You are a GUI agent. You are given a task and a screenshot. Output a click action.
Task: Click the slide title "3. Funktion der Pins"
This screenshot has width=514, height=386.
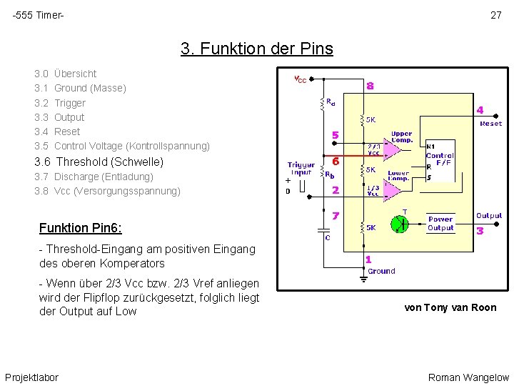coord(256,49)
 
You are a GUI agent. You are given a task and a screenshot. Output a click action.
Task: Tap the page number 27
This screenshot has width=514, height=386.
coord(495,15)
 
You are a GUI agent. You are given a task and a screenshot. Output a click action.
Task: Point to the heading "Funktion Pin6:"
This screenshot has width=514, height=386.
coord(80,228)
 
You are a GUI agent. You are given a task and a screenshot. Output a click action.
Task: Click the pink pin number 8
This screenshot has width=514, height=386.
coord(370,86)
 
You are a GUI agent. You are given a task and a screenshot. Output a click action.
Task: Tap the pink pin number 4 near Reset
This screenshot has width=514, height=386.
coord(480,111)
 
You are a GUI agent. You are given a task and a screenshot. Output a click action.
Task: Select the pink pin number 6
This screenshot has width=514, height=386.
coord(335,162)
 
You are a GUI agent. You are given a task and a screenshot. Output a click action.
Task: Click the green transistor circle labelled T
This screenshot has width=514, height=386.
coord(401,223)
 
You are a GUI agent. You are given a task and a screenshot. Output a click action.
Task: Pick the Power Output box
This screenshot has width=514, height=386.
coord(440,223)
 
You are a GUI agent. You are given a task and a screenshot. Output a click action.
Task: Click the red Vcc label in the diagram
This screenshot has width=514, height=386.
coord(301,79)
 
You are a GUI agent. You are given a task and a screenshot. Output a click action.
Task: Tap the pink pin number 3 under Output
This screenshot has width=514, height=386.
coord(480,231)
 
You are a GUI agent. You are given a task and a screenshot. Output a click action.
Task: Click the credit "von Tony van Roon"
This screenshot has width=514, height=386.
coord(450,307)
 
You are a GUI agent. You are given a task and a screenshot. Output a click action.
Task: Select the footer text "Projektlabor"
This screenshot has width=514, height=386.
coord(31,377)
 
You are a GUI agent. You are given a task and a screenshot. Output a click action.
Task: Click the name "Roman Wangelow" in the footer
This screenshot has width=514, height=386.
coord(468,377)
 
